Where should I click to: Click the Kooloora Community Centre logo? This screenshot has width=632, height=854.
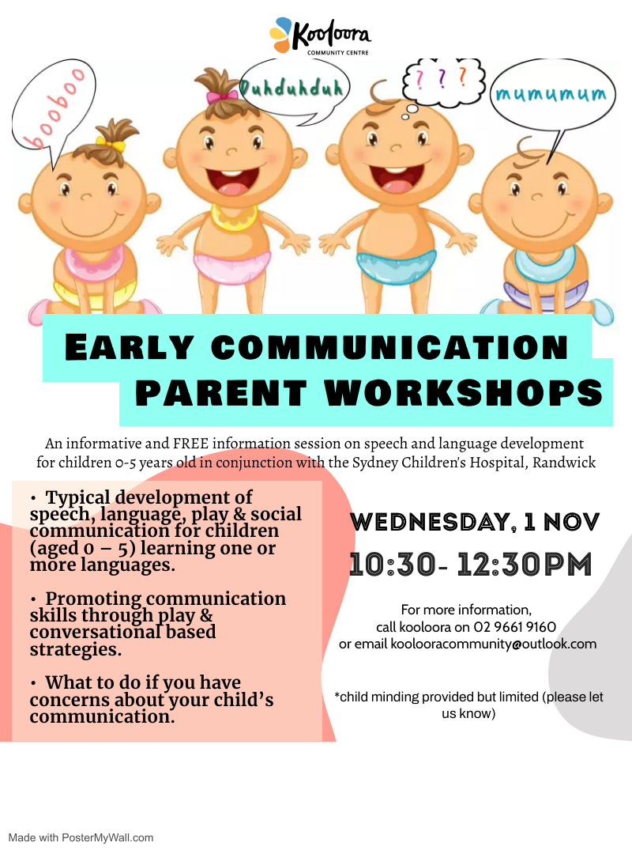[x=319, y=36]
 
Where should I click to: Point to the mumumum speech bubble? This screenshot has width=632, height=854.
[x=552, y=96]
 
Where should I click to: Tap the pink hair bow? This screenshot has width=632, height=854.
[x=222, y=96]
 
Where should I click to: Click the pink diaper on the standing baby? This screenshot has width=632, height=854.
[x=230, y=265]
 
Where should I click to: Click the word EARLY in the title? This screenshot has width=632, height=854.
[x=130, y=348]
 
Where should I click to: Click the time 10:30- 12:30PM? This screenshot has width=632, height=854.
[x=470, y=565]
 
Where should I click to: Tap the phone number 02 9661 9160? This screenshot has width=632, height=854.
[x=515, y=627]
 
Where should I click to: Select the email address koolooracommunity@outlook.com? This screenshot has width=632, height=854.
[x=494, y=644]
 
